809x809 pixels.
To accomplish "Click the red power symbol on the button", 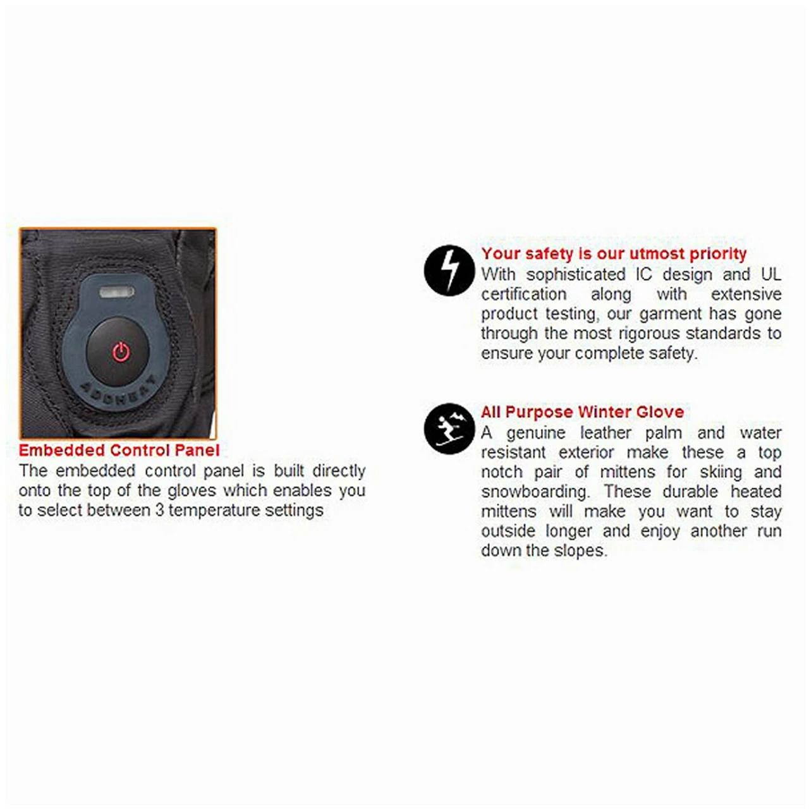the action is coord(121,352).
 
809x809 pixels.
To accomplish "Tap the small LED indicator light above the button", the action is coord(117,292).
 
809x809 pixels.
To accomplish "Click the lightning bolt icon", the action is coord(449,271).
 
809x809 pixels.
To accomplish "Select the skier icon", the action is coord(449,429).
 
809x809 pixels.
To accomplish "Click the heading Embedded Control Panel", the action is coord(119,450).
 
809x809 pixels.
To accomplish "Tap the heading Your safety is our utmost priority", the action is coord(614,254).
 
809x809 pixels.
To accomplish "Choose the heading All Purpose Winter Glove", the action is coord(582,412).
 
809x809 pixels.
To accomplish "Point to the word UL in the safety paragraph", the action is coord(771,274).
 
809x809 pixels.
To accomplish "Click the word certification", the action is coord(523,295).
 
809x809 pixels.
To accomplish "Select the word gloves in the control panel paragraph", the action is coord(192,490).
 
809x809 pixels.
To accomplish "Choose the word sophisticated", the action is coord(576,275).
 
